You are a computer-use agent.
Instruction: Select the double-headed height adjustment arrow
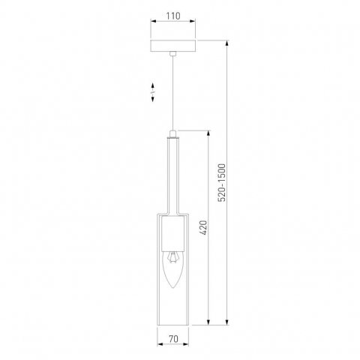pos(152,91)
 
